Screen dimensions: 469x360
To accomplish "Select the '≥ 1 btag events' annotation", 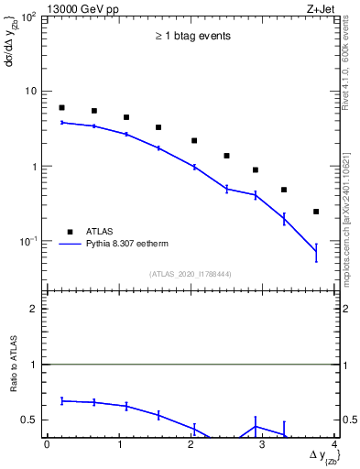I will (x=191, y=37).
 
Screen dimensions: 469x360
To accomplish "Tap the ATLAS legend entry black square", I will (x=69, y=232).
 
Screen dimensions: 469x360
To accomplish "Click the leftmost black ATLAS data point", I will (x=61, y=108).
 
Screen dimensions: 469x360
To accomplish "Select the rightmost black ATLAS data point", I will (x=316, y=212).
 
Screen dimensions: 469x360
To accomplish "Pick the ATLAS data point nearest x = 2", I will (x=194, y=141).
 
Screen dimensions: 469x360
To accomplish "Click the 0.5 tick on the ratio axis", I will (x=31, y=420).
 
